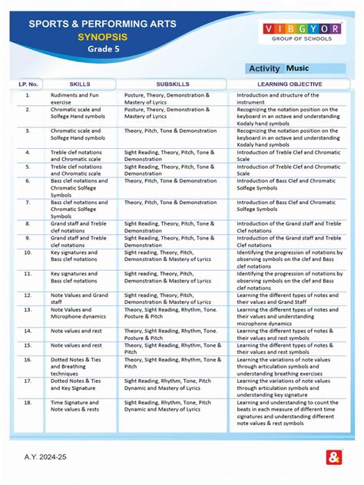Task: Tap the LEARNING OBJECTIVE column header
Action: (x=290, y=84)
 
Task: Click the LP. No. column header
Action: (x=28, y=84)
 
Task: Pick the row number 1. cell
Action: (x=28, y=95)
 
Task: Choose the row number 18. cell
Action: (x=28, y=402)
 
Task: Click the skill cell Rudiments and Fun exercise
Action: (x=75, y=98)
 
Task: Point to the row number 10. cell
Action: (x=28, y=251)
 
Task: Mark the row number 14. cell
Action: (x=28, y=330)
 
